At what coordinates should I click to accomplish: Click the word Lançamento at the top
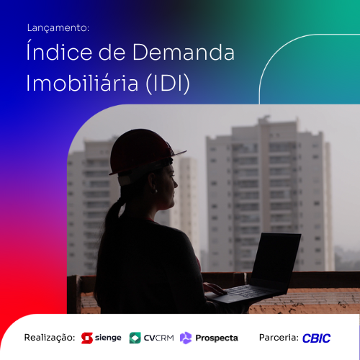pyautogui.click(x=58, y=28)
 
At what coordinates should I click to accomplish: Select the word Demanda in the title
pyautogui.click(x=184, y=52)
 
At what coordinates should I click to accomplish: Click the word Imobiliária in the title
pyautogui.click(x=82, y=82)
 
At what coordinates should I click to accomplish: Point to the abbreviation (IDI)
pyautogui.click(x=168, y=83)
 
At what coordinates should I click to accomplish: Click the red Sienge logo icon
pyautogui.click(x=87, y=338)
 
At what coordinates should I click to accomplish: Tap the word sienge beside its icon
pyautogui.click(x=108, y=338)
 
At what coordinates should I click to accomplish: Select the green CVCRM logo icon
pyautogui.click(x=135, y=338)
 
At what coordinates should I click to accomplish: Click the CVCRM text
pyautogui.click(x=159, y=338)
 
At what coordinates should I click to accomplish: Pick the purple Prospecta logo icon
pyautogui.click(x=186, y=338)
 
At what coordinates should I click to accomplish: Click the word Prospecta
pyautogui.click(x=217, y=338)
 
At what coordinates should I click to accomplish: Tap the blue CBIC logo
pyautogui.click(x=316, y=338)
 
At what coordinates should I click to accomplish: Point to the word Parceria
pyautogui.click(x=279, y=338)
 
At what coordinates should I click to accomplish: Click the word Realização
pyautogui.click(x=50, y=338)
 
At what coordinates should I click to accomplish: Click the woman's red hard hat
pyautogui.click(x=142, y=153)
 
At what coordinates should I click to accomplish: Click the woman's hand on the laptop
pyautogui.click(x=215, y=289)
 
